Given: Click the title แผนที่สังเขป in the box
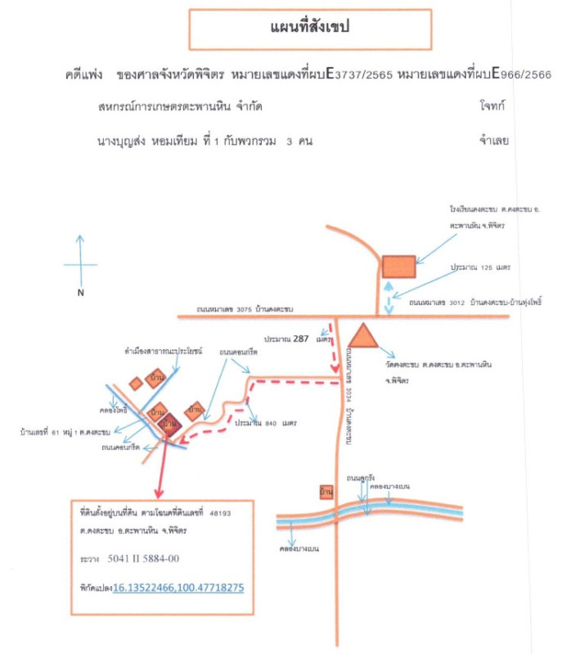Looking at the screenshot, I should click(310, 28).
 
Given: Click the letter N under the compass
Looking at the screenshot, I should click(81, 292).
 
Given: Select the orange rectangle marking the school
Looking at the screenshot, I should click(399, 267).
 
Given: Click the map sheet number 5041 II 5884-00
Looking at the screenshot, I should click(143, 558).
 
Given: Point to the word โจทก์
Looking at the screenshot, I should click(496, 107).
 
